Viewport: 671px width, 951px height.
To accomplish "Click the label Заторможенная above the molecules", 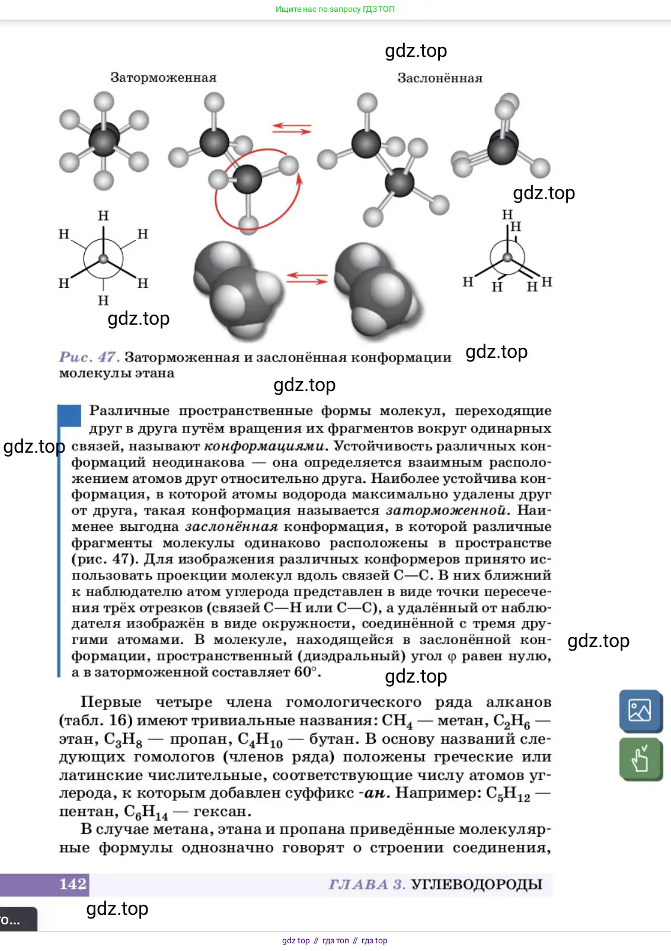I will [163, 78].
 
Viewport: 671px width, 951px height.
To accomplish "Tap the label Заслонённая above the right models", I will [439, 78].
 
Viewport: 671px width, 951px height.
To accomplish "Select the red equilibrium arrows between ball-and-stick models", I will [292, 129].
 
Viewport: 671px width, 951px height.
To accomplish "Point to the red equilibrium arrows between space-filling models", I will [306, 278].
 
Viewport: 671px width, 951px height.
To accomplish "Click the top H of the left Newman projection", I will [103, 216].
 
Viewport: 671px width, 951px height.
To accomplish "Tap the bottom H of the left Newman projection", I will [103, 300].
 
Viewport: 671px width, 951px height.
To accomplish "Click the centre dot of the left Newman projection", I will [103, 259].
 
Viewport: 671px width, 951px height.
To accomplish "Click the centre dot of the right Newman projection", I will [507, 258].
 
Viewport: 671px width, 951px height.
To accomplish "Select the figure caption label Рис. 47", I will [89, 357].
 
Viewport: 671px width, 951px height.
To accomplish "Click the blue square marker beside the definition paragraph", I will [69, 415].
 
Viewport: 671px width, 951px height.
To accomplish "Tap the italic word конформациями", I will [264, 446].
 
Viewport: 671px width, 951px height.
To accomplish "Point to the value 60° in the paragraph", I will [307, 673].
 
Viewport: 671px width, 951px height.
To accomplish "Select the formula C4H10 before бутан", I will [260, 740].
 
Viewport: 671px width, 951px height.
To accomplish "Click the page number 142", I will [73, 884].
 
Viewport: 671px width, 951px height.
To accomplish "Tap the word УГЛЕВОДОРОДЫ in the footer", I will [477, 885].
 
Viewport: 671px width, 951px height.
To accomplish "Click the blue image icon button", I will [640, 710].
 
